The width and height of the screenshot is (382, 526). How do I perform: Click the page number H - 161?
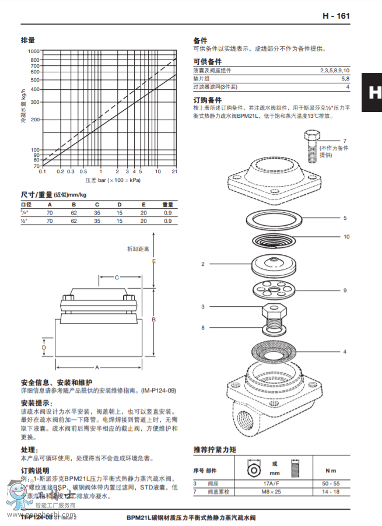click(336, 16)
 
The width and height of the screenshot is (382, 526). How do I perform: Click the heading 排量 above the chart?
click(28, 40)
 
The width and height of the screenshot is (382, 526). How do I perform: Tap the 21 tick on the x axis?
click(174, 171)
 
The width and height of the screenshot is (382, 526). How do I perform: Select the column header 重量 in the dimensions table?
click(167, 205)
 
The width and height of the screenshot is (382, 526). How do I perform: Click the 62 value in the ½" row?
click(74, 221)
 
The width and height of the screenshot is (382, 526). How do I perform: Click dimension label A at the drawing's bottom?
click(97, 367)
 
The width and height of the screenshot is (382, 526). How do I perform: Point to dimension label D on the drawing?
click(44, 347)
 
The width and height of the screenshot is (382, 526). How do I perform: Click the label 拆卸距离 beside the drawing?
click(138, 248)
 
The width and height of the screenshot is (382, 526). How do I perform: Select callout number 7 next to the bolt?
click(344, 141)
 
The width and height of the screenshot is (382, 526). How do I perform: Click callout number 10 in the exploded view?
click(346, 237)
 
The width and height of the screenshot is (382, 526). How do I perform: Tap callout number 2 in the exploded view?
click(203, 264)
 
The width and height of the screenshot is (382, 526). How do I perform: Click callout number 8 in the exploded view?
click(203, 328)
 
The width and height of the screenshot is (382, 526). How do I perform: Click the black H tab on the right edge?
click(372, 93)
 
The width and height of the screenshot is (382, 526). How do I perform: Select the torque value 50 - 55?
click(331, 484)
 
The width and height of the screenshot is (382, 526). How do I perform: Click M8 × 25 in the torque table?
click(271, 492)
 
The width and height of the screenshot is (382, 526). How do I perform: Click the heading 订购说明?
click(36, 470)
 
